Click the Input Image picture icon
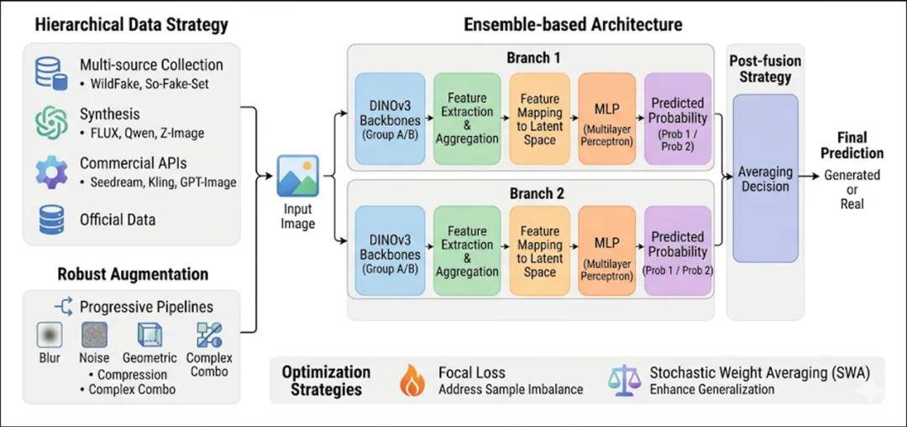click(298, 176)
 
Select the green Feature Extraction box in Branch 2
click(467, 250)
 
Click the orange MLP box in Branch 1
click(606, 118)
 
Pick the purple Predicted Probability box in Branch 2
click(677, 250)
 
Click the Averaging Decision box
click(765, 178)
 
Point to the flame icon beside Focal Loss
click(412, 380)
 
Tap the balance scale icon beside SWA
click(623, 380)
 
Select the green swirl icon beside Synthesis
click(50, 122)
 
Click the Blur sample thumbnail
click(50, 335)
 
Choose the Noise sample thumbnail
click(94, 335)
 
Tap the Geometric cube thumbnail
click(149, 335)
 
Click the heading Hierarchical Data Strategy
click(131, 24)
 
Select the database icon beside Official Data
click(50, 219)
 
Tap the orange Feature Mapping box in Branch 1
click(539, 118)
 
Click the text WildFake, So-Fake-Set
click(144, 84)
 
